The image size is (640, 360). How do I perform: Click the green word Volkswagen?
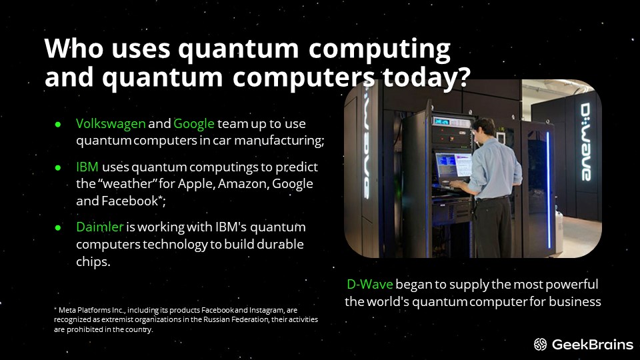(x=111, y=124)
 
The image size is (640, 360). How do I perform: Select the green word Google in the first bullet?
(x=194, y=124)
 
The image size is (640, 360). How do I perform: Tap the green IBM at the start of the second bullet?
(x=87, y=167)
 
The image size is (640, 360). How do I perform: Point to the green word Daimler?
(x=99, y=227)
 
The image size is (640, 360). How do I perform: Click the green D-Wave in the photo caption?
(x=370, y=284)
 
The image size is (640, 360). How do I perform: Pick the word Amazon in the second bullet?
(x=243, y=184)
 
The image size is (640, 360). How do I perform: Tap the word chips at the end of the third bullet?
(x=93, y=261)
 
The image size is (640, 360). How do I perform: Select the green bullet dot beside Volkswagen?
(x=58, y=124)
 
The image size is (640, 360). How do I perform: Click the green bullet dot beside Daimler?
(x=58, y=227)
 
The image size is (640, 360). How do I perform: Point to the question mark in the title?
(x=464, y=76)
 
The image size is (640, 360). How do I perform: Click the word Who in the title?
(x=74, y=49)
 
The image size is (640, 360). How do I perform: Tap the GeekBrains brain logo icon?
(x=540, y=345)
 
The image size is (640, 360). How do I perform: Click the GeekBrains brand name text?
(x=592, y=345)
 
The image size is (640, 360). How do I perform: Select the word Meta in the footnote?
(x=67, y=310)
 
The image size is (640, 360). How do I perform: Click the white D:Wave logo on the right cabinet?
(x=586, y=141)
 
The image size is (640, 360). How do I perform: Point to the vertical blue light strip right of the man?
(x=549, y=189)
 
